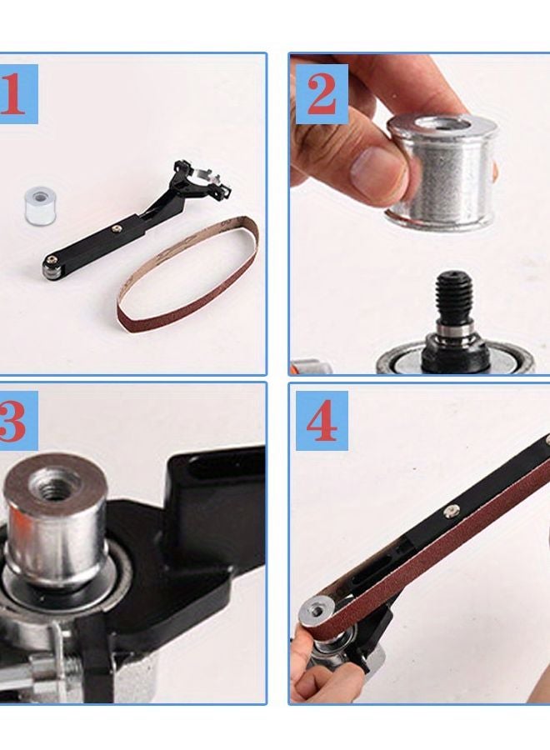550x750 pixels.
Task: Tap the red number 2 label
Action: (321, 94)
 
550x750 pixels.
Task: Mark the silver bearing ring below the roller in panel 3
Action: (50, 583)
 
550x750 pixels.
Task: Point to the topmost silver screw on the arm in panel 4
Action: (546, 440)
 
